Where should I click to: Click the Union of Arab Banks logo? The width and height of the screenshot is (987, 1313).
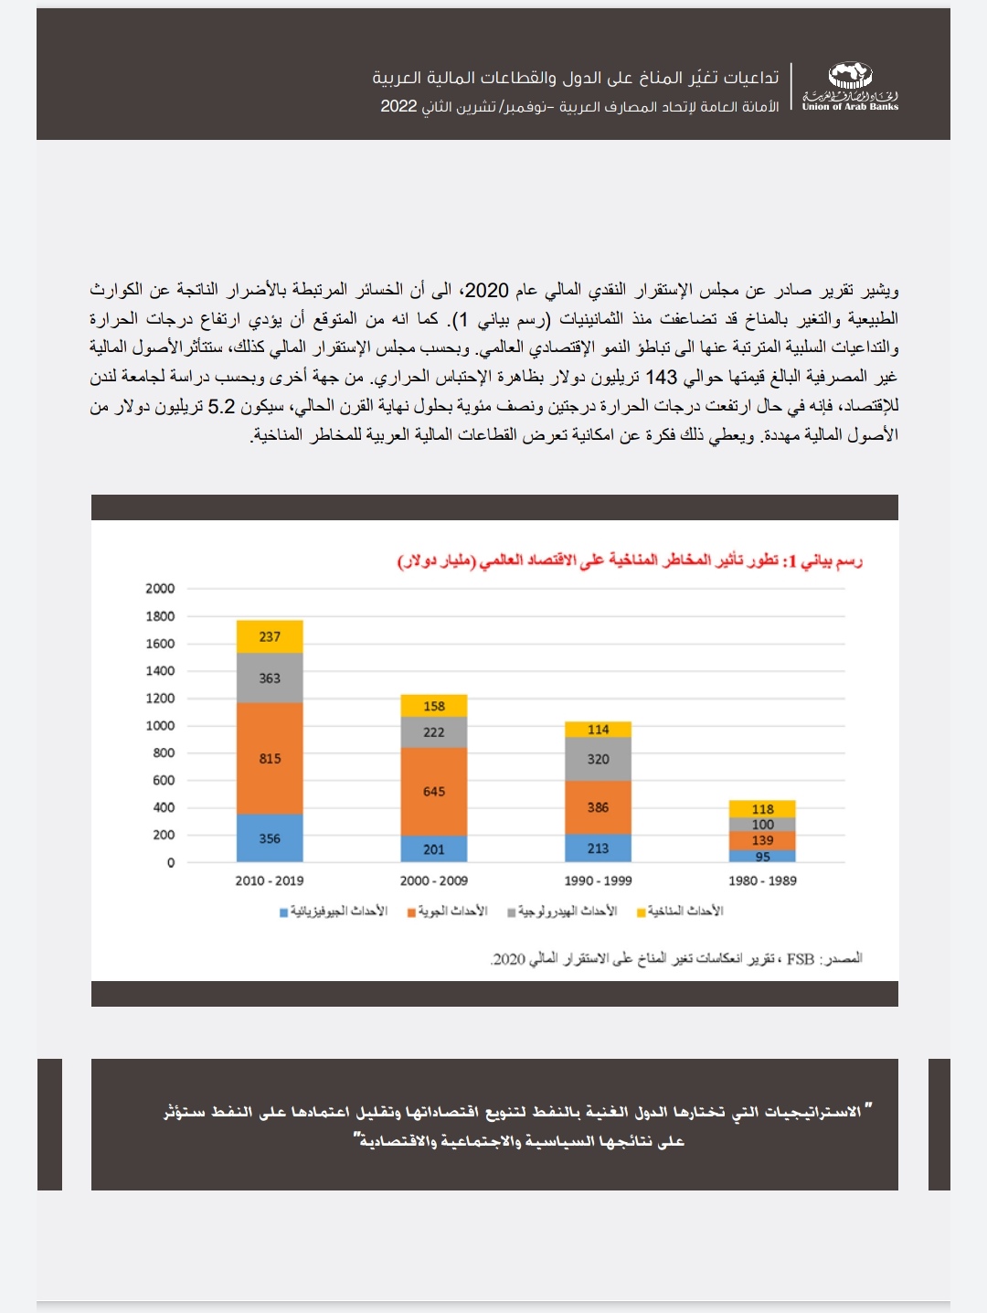click(x=850, y=87)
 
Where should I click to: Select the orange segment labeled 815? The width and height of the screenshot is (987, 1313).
click(x=270, y=758)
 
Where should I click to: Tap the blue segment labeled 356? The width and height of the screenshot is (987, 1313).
click(x=270, y=838)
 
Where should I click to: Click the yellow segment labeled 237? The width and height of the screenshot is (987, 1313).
click(x=270, y=636)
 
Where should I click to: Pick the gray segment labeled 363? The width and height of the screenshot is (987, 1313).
click(x=270, y=678)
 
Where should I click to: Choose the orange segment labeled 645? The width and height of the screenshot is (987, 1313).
click(x=434, y=791)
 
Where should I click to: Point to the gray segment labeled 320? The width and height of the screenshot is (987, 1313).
click(x=598, y=759)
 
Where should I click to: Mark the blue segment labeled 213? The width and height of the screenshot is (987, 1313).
click(x=598, y=848)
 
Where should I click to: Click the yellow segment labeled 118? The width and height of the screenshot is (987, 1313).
click(x=762, y=808)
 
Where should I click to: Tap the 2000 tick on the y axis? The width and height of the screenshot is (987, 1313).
click(x=160, y=588)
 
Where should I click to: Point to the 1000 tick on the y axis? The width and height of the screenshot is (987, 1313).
click(x=160, y=725)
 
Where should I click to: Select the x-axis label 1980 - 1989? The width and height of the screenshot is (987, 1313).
click(x=762, y=881)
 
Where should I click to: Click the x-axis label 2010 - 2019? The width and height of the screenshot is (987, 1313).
click(x=270, y=881)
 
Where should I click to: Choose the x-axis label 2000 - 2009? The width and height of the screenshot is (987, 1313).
click(x=434, y=881)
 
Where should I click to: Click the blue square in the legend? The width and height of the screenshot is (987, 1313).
click(x=284, y=913)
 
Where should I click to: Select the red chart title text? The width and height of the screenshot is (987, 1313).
click(x=631, y=560)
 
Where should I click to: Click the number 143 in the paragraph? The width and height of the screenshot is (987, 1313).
click(x=661, y=377)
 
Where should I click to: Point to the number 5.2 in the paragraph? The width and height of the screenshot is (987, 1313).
click(x=222, y=406)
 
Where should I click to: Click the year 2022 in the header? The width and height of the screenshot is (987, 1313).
click(x=398, y=106)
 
